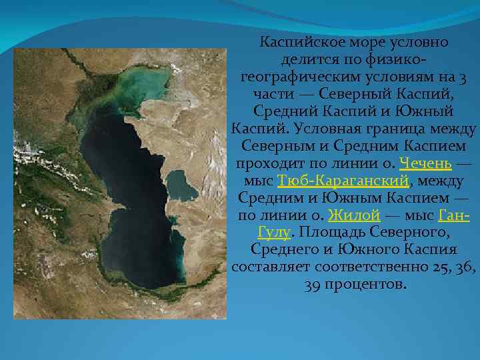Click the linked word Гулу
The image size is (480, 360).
tap(273, 233)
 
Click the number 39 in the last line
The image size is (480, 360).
tap(313, 285)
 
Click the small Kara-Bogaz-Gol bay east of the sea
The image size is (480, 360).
tap(182, 184)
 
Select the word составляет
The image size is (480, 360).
tap(265, 267)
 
